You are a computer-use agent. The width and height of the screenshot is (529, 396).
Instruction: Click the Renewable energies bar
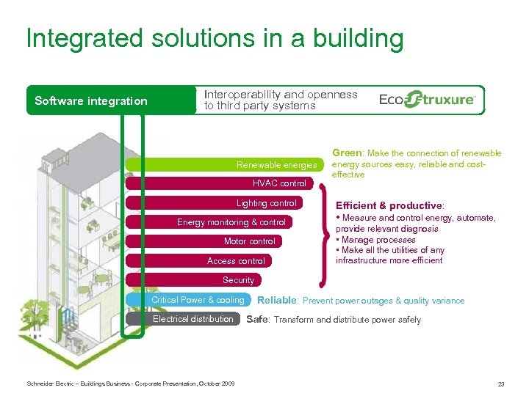[276, 165]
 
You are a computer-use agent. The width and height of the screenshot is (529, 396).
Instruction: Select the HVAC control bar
[279, 183]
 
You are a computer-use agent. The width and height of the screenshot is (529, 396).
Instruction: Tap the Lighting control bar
[266, 203]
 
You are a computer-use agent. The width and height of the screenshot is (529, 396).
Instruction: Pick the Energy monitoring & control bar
[231, 222]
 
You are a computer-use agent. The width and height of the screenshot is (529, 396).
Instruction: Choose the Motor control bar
[249, 241]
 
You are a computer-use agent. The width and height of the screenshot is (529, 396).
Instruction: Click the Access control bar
[236, 260]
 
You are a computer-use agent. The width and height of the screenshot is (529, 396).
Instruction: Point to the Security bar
[238, 280]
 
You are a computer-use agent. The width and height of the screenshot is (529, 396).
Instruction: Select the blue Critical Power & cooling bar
[197, 300]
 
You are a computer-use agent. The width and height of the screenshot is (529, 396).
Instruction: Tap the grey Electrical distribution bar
[192, 319]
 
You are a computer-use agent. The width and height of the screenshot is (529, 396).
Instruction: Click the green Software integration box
[91, 101]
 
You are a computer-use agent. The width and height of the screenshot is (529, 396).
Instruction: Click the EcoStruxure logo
[427, 100]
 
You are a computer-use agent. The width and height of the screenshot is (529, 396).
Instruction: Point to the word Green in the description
[347, 153]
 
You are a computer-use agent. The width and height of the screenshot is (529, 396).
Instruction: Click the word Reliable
[277, 300]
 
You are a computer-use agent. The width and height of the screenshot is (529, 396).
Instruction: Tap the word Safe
[256, 319]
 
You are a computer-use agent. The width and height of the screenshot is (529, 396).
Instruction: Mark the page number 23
[500, 384]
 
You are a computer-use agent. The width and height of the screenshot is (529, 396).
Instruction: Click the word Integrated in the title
[80, 38]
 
